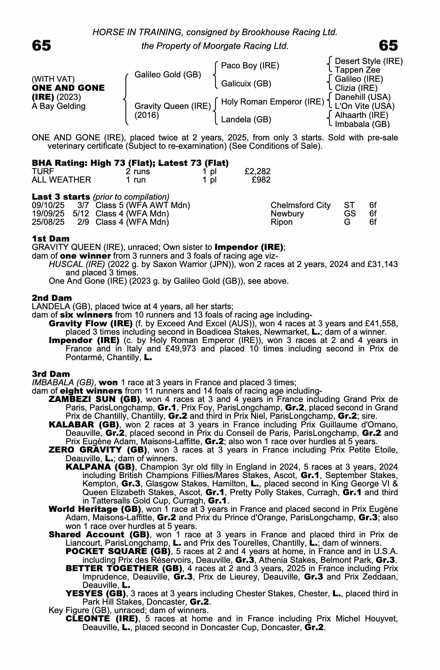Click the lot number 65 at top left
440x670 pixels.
point(41,46)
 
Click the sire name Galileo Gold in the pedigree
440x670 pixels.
point(168,74)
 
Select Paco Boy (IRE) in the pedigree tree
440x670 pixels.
point(250,66)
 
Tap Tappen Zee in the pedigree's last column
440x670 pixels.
point(357,70)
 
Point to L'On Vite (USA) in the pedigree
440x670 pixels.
point(365,106)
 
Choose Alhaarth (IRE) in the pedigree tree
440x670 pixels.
point(361,115)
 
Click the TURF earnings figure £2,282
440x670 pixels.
point(257,172)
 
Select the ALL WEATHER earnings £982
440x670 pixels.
point(261,180)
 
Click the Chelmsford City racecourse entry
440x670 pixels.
point(300,205)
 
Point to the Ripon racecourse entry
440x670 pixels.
point(281,222)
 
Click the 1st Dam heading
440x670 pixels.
point(51,239)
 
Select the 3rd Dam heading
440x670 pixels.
point(51,374)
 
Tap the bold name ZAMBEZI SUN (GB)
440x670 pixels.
point(94,399)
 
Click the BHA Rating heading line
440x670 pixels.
point(130,163)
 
